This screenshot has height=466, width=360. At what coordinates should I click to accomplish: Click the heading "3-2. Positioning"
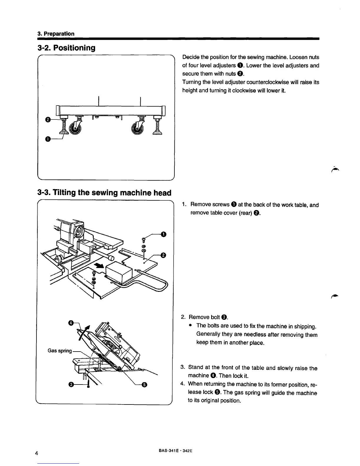click(x=66, y=48)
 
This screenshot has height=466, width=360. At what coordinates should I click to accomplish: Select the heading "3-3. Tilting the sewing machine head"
click(x=104, y=193)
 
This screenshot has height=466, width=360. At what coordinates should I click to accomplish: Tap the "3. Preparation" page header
click(x=56, y=34)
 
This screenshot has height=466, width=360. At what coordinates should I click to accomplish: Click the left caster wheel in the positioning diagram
click(x=75, y=129)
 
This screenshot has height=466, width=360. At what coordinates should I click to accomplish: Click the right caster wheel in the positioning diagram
click(x=137, y=129)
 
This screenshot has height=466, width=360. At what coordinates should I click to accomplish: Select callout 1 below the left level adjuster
click(x=47, y=139)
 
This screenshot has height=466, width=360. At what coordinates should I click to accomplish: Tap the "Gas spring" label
click(x=60, y=351)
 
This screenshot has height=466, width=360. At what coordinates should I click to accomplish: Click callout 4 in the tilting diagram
click(x=71, y=323)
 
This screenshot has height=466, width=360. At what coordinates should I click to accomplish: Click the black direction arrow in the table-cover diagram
click(x=99, y=266)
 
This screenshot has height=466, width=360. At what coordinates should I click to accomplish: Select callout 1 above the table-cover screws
click(x=164, y=234)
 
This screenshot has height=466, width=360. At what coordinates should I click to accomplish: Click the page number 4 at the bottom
click(x=36, y=453)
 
